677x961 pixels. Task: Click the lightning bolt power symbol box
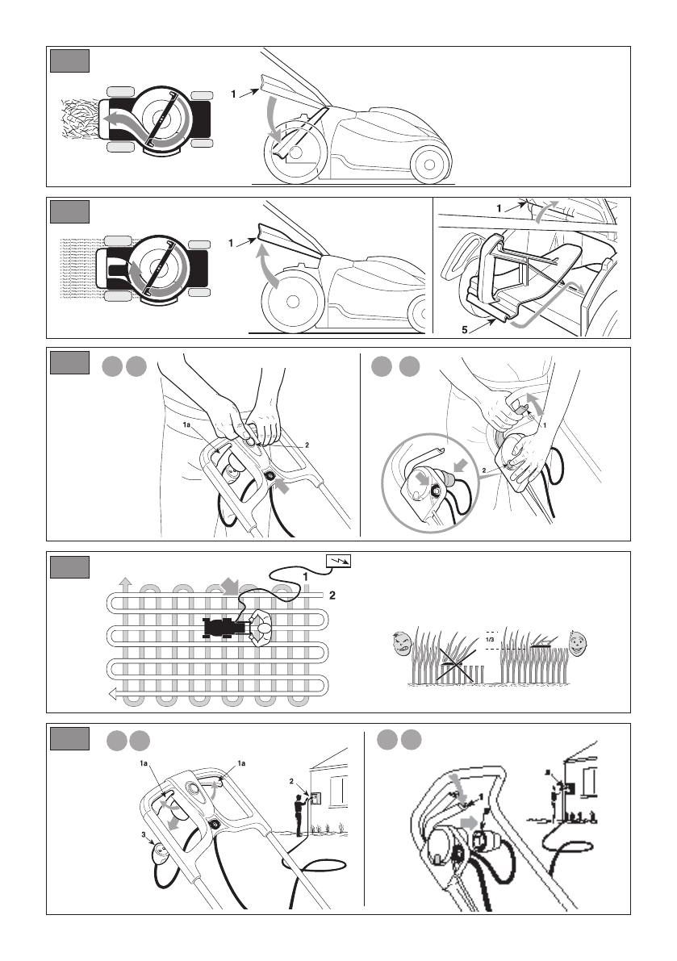pyautogui.click(x=337, y=562)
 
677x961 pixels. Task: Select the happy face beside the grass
pyautogui.click(x=577, y=643)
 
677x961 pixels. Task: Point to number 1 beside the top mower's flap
pyautogui.click(x=233, y=94)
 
